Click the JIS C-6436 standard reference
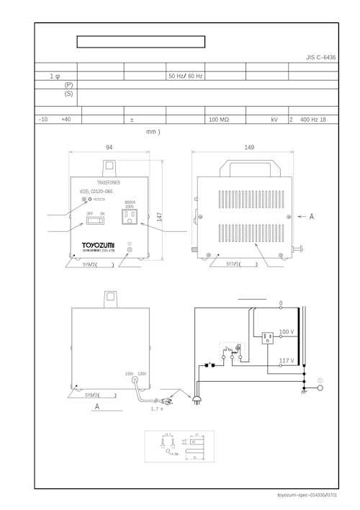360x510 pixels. pyautogui.click(x=320, y=56)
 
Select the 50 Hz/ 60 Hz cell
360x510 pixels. pyautogui.click(x=185, y=76)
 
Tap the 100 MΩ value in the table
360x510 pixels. pyautogui.click(x=219, y=120)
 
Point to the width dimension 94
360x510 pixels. pyautogui.click(x=109, y=147)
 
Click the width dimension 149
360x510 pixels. pyautogui.click(x=249, y=147)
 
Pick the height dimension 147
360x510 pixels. pyautogui.click(x=159, y=216)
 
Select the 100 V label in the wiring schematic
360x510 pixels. pyautogui.click(x=286, y=332)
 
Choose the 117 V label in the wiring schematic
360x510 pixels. pyautogui.click(x=286, y=360)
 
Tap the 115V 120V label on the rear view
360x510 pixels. pyautogui.click(x=135, y=374)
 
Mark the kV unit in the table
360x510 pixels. pyautogui.click(x=274, y=120)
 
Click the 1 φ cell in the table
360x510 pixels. pyautogui.click(x=55, y=76)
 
